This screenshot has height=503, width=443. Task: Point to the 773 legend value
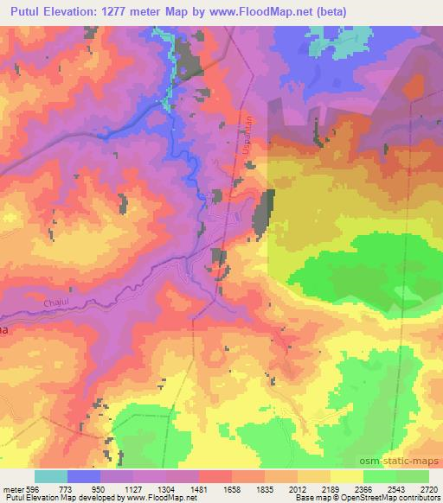[67, 488]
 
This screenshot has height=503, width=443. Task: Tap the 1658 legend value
[232, 488]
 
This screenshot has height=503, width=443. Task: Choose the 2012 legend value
[298, 488]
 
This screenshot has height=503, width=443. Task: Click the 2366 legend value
[363, 488]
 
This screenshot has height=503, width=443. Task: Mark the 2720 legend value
[428, 488]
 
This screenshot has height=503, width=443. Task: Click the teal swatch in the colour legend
[51, 476]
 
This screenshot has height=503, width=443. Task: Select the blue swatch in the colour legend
[84, 476]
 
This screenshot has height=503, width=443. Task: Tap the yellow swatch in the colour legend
[346, 476]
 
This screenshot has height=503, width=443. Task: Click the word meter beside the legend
[14, 488]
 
